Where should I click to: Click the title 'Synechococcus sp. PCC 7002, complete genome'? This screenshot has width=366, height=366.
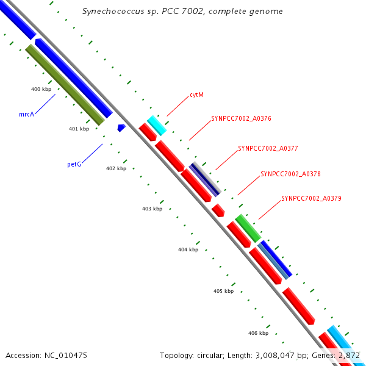182,12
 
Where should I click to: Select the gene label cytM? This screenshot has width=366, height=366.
196,95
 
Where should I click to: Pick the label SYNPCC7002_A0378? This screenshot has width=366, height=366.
290,174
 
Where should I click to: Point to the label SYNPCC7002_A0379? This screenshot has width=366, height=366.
311,198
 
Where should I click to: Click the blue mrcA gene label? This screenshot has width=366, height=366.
26,114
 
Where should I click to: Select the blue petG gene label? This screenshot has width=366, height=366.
74,165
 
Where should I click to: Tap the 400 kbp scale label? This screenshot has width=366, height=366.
41,89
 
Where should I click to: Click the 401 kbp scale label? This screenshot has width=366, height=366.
79,129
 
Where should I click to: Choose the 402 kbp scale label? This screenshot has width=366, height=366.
116,168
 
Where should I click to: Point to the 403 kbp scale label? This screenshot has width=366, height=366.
152,209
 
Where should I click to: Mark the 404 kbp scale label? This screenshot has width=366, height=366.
188,249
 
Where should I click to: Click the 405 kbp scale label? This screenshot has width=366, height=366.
223,291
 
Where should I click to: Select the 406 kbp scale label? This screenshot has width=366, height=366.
258,333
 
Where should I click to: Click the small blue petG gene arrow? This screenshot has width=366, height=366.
121,127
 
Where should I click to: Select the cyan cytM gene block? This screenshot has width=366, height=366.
157,125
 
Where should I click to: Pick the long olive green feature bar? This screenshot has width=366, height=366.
65,84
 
